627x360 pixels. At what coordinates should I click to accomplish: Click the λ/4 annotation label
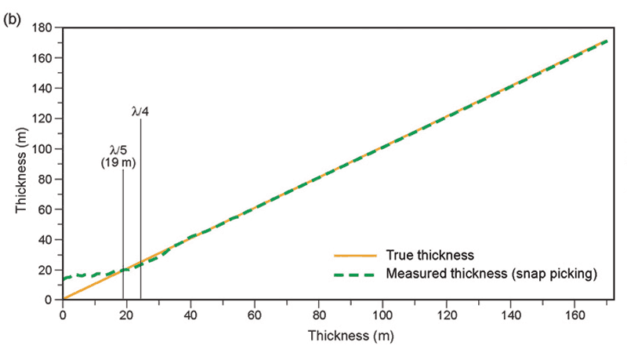click(140, 111)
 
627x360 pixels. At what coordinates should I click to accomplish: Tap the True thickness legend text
click(430, 256)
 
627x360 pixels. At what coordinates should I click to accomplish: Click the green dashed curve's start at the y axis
click(64, 278)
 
